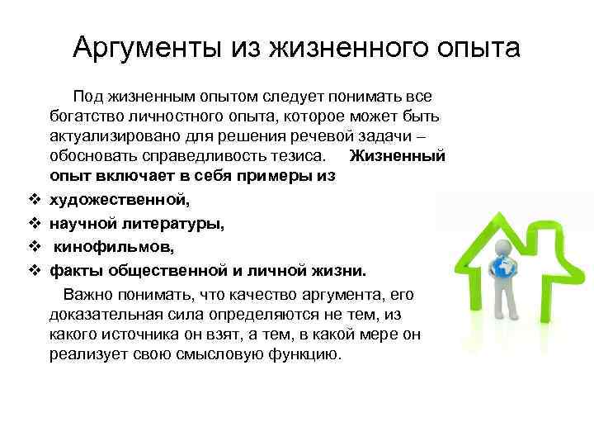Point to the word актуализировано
pyautogui.click(x=108, y=135)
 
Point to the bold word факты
pyautogui.click(x=74, y=270)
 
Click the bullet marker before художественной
pyautogui.click(x=35, y=199)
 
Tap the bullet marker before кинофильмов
pyautogui.click(x=35, y=246)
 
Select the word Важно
pyautogui.click(x=87, y=295)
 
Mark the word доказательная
pyautogui.click(x=102, y=315)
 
